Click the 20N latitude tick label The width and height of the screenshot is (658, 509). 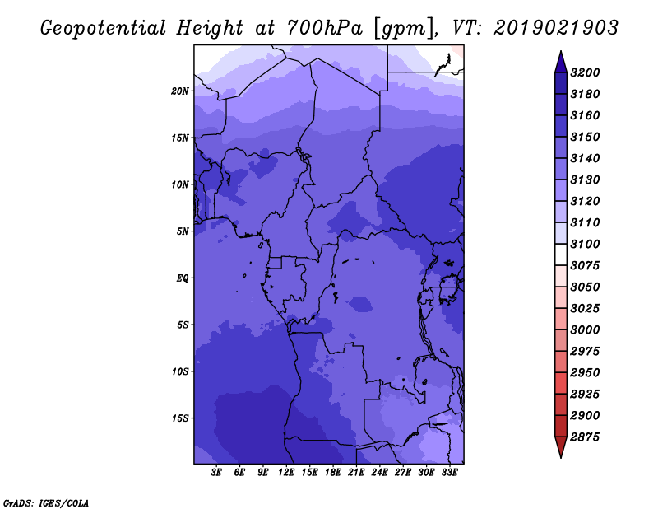[180, 91]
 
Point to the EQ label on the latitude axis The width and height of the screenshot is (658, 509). [183, 278]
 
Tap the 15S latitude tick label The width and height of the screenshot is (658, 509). [180, 418]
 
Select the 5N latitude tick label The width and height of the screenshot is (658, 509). [183, 231]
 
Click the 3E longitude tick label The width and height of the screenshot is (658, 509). [217, 473]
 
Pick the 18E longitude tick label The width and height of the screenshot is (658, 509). [333, 473]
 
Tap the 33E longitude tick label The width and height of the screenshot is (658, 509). [449, 473]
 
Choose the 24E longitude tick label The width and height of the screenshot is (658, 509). [379, 473]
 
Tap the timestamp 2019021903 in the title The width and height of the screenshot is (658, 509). [556, 27]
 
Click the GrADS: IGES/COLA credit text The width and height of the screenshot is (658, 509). [46, 502]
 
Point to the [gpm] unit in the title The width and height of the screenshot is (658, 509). [401, 27]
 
